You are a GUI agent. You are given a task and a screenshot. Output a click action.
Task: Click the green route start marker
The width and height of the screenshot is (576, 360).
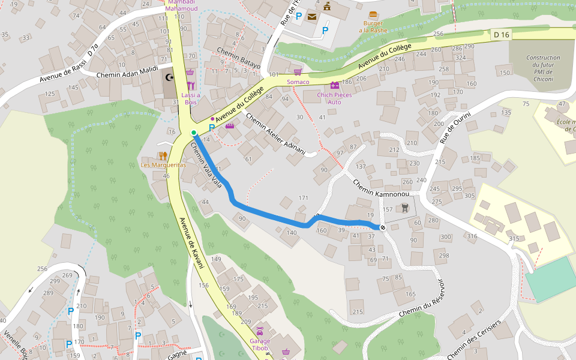193,132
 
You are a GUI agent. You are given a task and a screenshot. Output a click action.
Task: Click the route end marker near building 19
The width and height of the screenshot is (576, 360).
382,227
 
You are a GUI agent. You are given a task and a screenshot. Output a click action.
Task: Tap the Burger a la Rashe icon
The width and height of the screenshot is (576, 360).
373,15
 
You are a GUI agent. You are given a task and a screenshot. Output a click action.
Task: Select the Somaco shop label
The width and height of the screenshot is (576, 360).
298,82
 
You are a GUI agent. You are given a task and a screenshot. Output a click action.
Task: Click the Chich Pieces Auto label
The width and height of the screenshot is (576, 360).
335,98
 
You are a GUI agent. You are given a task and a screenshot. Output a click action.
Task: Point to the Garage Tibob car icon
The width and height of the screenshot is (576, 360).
260,331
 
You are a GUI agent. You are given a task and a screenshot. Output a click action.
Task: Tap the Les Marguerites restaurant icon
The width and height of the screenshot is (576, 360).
162,155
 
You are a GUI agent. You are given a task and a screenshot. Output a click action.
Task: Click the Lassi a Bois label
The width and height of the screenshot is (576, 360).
191,98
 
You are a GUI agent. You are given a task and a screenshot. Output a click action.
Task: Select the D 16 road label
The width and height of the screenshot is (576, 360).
501,35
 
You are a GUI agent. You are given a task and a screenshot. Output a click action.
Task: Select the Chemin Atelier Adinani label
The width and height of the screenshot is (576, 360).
275,134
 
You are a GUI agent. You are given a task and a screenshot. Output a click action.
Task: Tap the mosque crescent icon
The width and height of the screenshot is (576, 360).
170,77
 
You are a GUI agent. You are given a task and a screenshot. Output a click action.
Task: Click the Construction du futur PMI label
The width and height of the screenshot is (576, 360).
543,68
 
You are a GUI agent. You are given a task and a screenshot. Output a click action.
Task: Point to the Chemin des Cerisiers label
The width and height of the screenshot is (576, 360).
473,341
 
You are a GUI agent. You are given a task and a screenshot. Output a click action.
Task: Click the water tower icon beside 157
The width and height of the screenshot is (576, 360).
406,208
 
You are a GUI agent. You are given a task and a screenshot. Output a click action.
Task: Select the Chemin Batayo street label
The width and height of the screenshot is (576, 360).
239,57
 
